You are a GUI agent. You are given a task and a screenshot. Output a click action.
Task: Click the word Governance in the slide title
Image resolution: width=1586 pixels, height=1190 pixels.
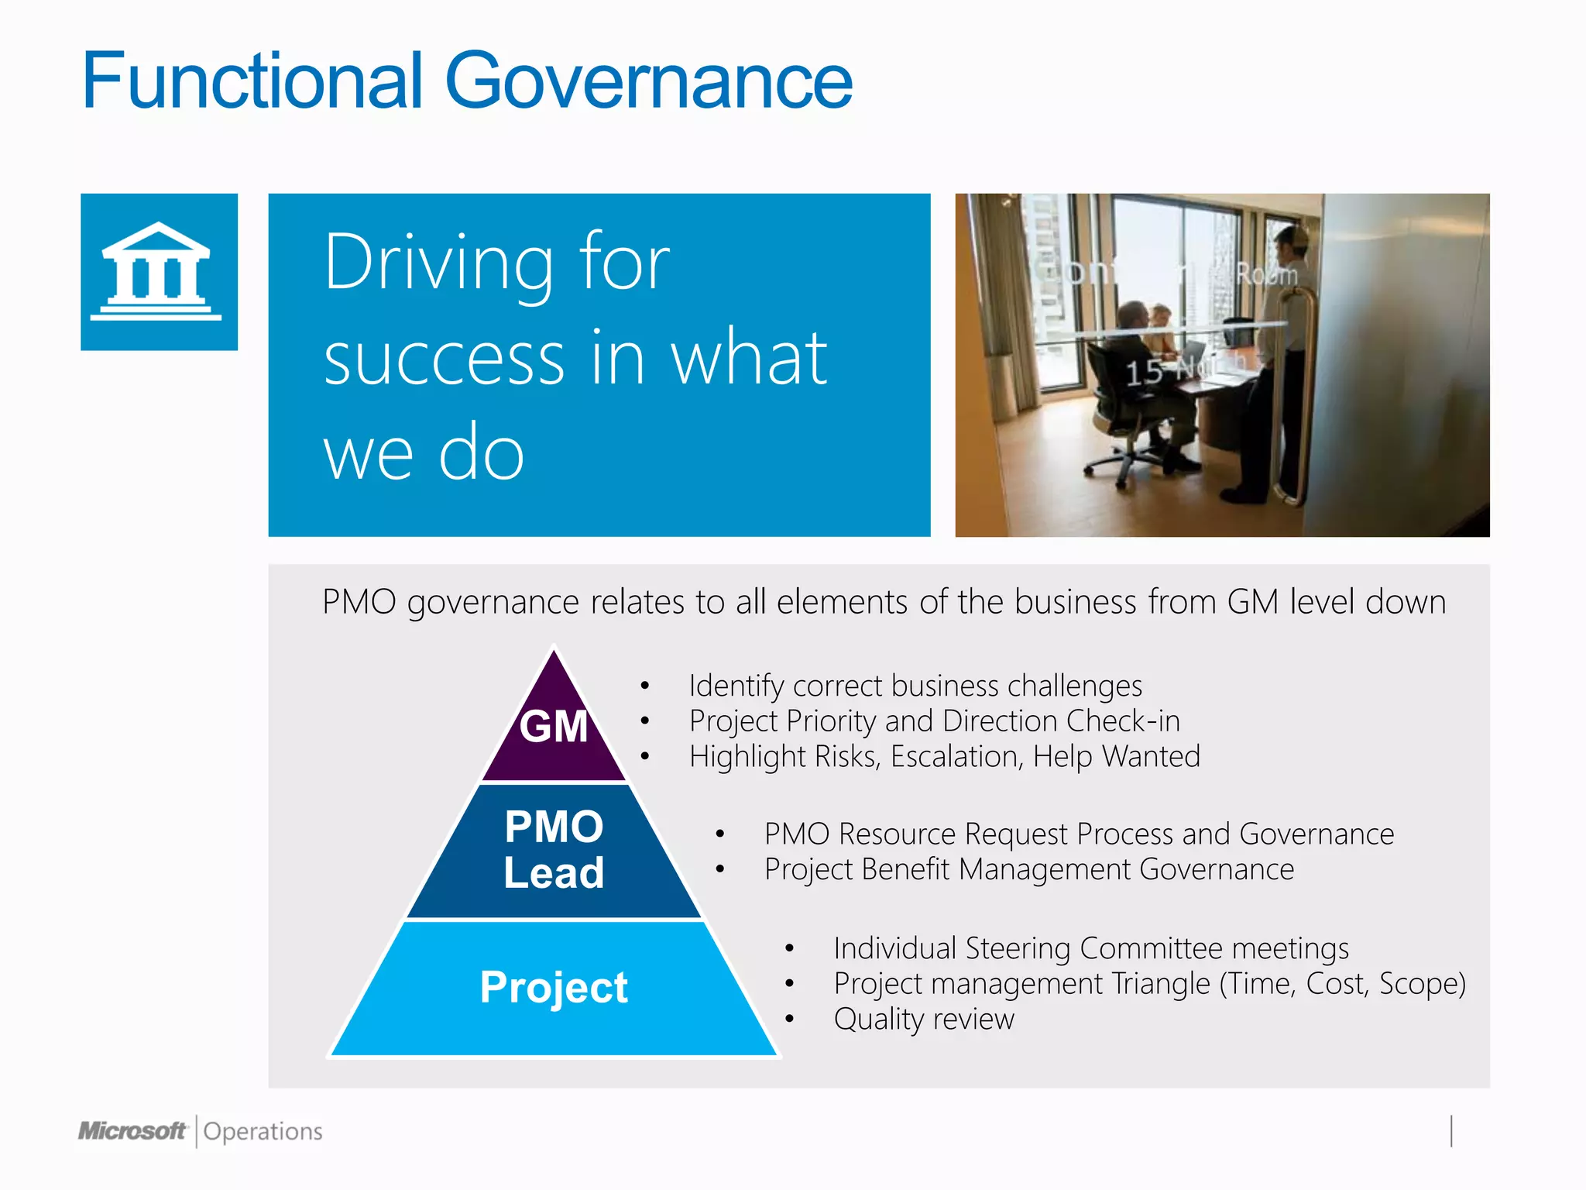pos(649,81)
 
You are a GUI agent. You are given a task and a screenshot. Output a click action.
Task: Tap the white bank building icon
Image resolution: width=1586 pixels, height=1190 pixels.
pos(157,271)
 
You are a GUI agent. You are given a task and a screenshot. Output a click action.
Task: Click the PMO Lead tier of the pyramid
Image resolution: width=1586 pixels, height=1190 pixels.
pos(554,850)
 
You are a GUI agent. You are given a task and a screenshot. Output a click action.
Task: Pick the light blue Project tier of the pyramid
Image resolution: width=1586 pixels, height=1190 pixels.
pos(554,988)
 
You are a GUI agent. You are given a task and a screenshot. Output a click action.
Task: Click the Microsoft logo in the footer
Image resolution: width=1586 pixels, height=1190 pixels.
pos(132,1131)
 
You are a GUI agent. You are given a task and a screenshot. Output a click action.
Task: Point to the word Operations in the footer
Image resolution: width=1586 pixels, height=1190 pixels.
pos(263,1132)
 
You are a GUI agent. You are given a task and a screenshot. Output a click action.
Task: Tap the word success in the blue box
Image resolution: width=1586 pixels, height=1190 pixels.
pos(445,359)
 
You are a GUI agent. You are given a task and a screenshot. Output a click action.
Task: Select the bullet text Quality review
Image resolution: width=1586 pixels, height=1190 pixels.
pos(924,1019)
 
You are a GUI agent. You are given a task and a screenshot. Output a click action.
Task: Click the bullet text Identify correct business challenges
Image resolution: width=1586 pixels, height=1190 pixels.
pos(915,686)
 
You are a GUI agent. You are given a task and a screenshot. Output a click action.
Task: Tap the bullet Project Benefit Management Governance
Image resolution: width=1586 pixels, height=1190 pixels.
pos(1029,869)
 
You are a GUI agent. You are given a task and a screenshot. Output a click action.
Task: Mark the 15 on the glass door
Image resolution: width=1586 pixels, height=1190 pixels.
pos(1144,373)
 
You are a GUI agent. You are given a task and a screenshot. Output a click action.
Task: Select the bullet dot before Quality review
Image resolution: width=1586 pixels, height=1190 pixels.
pos(789,1019)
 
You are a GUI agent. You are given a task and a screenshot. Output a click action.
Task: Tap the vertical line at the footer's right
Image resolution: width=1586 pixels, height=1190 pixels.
pos(1451,1131)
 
